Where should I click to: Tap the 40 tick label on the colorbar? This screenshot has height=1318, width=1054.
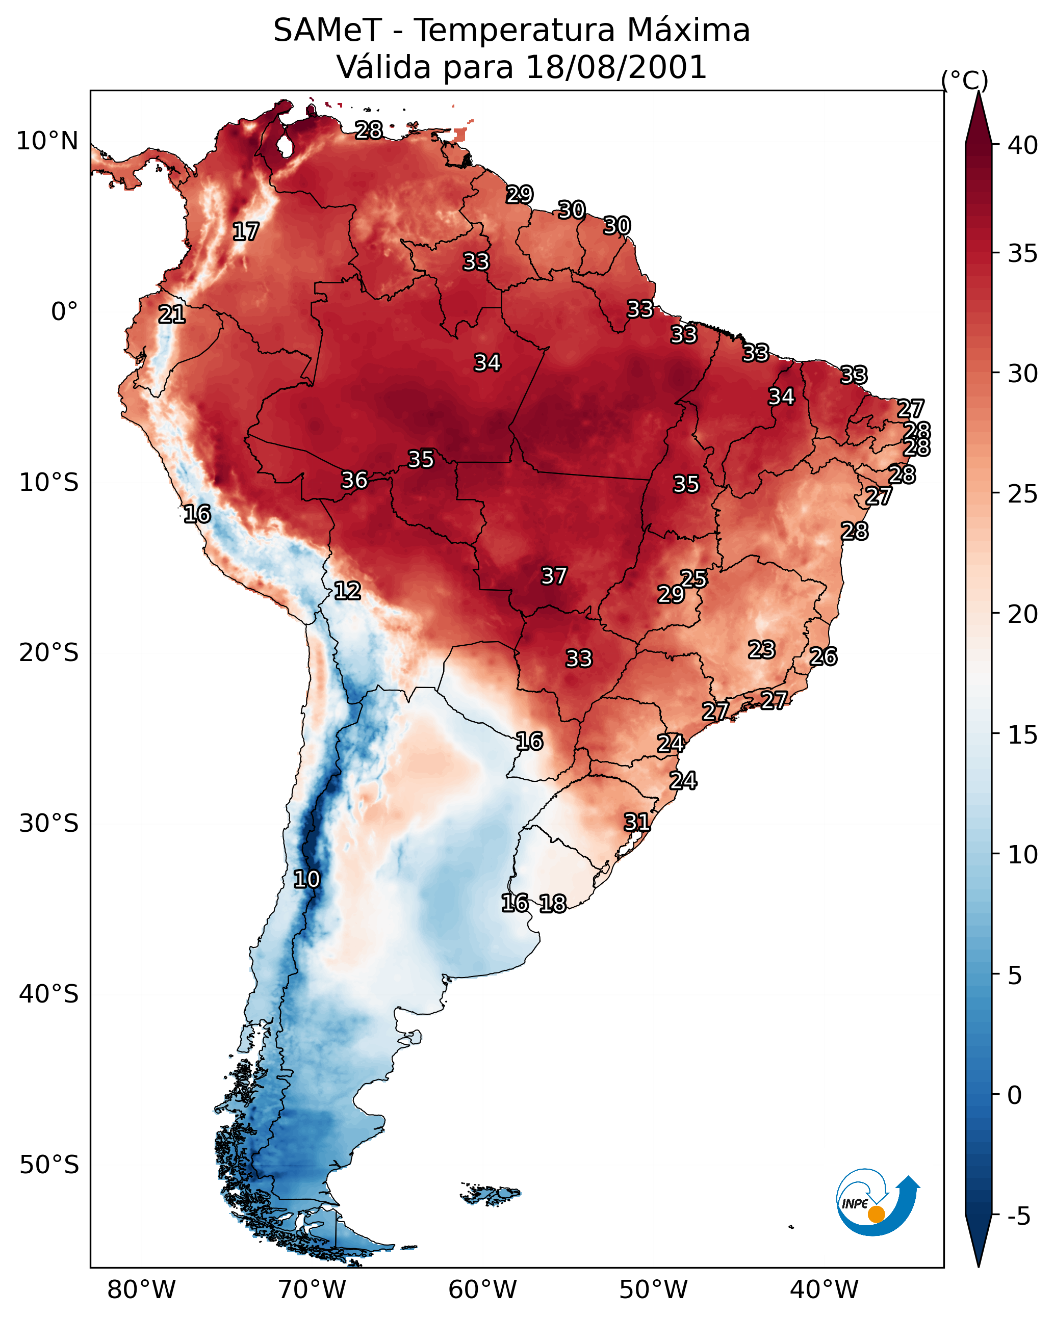[x=1023, y=145]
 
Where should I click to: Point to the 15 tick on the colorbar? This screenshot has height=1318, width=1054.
[x=1023, y=734]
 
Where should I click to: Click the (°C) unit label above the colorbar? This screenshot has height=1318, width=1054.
[x=964, y=80]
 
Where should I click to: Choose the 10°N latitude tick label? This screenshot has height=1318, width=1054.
[x=47, y=141]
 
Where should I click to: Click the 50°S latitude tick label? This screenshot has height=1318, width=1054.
[x=49, y=1165]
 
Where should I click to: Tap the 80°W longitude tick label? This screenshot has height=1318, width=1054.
[x=141, y=1290]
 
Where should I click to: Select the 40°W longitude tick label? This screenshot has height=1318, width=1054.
[x=824, y=1290]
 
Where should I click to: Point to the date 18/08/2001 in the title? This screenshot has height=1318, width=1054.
[x=615, y=67]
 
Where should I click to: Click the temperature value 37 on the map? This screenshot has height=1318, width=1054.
[x=554, y=576]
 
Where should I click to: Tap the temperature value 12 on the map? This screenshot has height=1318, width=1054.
[x=347, y=591]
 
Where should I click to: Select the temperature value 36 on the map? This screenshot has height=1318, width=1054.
[x=354, y=480]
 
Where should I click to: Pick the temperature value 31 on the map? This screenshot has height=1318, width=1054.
[x=637, y=822]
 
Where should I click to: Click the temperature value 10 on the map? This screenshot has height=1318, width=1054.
[x=306, y=879]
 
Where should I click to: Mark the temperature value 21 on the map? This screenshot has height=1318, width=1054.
[x=172, y=315]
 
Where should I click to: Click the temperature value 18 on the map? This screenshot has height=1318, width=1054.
[x=553, y=904]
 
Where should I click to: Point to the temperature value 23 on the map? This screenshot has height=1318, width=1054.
[x=762, y=650]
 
